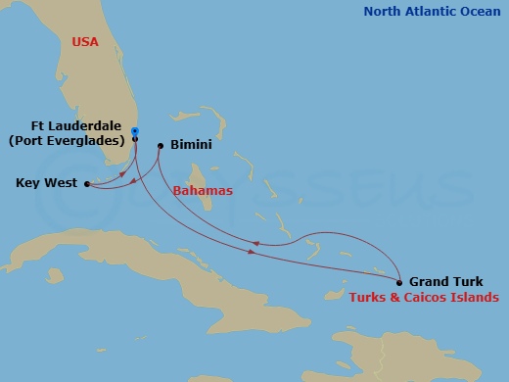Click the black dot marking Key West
(x=86, y=183)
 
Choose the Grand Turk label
(x=446, y=281)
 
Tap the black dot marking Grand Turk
(x=400, y=281)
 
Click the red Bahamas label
(x=202, y=191)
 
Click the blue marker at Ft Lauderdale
(x=134, y=131)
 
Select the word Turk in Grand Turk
(x=468, y=281)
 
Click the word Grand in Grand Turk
(x=429, y=281)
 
